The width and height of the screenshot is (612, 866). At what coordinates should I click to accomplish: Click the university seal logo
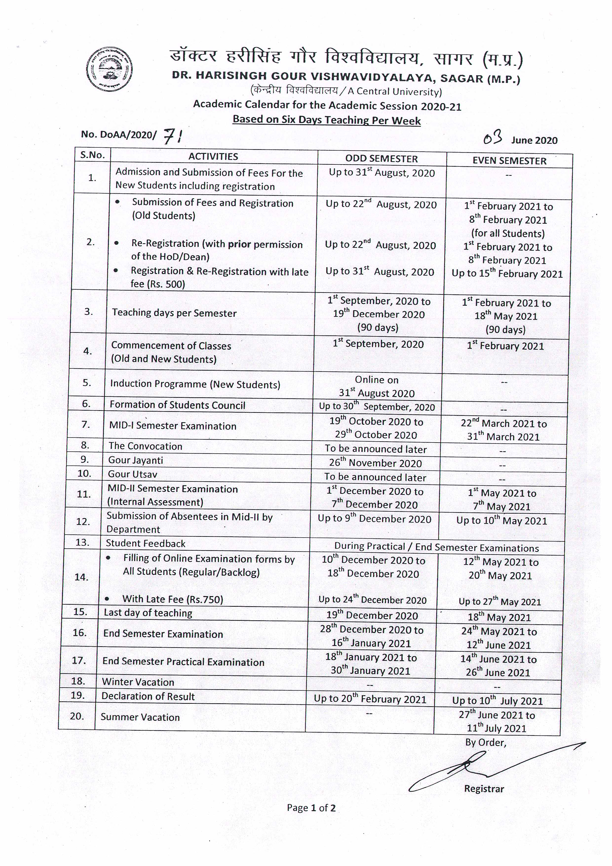pos(109,69)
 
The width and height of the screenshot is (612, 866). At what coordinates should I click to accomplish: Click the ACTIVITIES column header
pos(213,157)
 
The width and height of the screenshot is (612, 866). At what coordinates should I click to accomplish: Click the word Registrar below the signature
pos(484,789)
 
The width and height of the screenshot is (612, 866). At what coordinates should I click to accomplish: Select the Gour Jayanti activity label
pos(136,460)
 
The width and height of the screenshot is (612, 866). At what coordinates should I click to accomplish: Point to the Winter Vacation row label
pos(138,682)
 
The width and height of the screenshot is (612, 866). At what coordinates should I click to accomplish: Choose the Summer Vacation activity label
pos(140,717)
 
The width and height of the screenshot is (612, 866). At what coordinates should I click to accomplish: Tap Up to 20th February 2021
pos(370,699)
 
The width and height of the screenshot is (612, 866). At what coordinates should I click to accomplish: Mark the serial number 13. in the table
pos(82,542)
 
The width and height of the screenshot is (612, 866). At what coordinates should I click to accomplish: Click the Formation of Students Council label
pos(177,405)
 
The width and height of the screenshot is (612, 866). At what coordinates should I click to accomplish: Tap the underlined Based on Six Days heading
pos(326,120)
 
